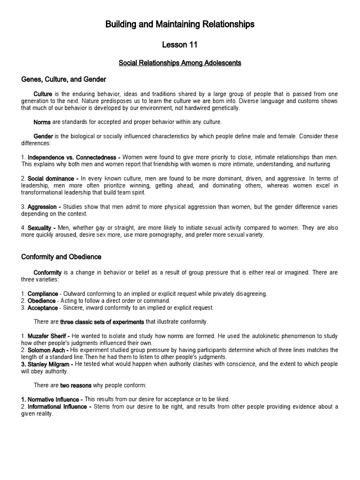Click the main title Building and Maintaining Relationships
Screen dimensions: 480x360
180,24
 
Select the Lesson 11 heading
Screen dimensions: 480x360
180,45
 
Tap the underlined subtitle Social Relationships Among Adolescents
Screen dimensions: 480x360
180,62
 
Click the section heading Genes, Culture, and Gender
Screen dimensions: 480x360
64,79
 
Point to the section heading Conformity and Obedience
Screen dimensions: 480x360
61,257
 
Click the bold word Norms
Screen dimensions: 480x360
42,122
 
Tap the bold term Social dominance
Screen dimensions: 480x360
52,179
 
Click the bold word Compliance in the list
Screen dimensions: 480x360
43,294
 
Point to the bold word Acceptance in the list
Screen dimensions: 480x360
43,308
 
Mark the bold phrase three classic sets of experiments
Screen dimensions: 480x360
102,322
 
